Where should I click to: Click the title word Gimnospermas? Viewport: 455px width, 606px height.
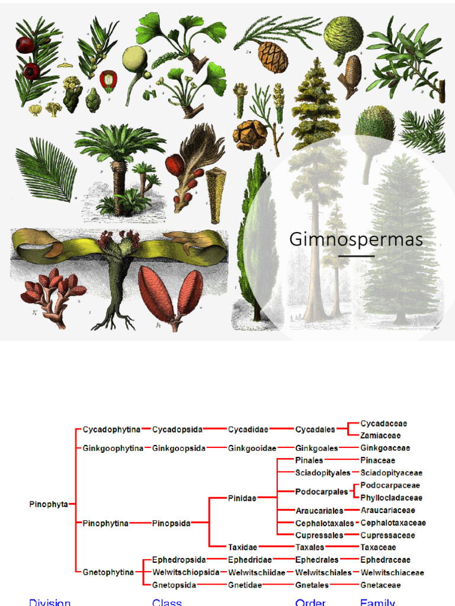click(356, 240)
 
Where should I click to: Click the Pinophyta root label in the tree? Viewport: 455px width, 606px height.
click(49, 504)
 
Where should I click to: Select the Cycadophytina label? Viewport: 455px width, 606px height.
click(111, 429)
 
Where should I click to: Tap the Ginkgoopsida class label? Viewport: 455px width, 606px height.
click(179, 448)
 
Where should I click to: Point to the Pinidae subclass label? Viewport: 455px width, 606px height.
click(242, 498)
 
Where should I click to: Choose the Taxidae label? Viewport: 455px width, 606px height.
click(243, 547)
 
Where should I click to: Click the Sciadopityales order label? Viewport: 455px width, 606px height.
click(323, 473)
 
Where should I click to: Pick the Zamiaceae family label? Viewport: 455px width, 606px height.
click(380, 436)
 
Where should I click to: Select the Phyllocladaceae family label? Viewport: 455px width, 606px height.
click(391, 498)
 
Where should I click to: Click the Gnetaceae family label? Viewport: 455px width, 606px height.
click(380, 585)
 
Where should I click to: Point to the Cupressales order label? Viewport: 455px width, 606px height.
click(319, 535)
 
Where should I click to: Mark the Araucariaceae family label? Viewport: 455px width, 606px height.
click(387, 510)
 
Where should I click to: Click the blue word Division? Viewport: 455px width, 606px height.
click(50, 602)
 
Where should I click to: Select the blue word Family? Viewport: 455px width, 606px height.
click(377, 602)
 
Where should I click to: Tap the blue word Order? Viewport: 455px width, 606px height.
click(310, 602)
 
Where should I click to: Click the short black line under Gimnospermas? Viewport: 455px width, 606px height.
click(356, 256)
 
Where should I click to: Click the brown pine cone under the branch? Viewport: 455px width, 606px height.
click(273, 57)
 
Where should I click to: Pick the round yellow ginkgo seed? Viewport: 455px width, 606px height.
click(134, 59)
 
